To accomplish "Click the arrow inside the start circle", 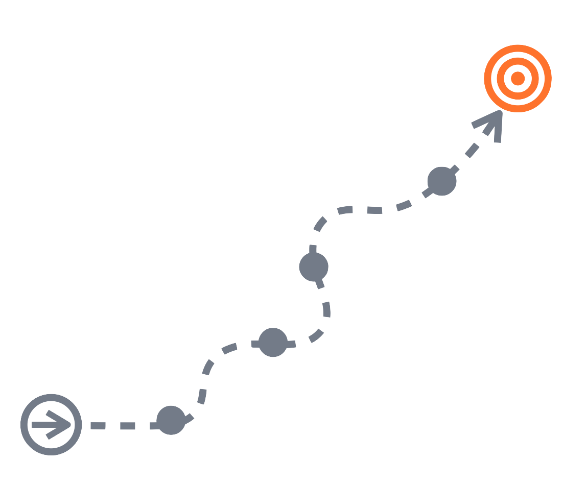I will pyautogui.click(x=52, y=425).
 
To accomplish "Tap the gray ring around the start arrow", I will pyautogui.click(x=51, y=397).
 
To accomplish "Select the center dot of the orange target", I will pyautogui.click(x=518, y=78).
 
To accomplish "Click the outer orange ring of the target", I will pyautogui.click(x=518, y=48).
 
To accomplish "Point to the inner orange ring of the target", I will pyautogui.click(x=518, y=62).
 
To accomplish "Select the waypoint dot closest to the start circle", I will pyautogui.click(x=170, y=420).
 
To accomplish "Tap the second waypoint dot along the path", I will pyautogui.click(x=273, y=343).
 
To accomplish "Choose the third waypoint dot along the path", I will pyautogui.click(x=314, y=266).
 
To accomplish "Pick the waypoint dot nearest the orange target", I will pyautogui.click(x=441, y=181).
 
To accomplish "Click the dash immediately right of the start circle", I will pyautogui.click(x=98, y=426).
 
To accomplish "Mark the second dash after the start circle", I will pyautogui.click(x=127, y=426).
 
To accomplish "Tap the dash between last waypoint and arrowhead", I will pyautogui.click(x=471, y=151).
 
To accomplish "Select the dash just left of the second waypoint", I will pyautogui.click(x=230, y=348).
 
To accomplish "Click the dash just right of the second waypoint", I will pyautogui.click(x=316, y=335).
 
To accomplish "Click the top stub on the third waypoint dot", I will pyautogui.click(x=312, y=250).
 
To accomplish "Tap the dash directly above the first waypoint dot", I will pyautogui.click(x=202, y=396).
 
